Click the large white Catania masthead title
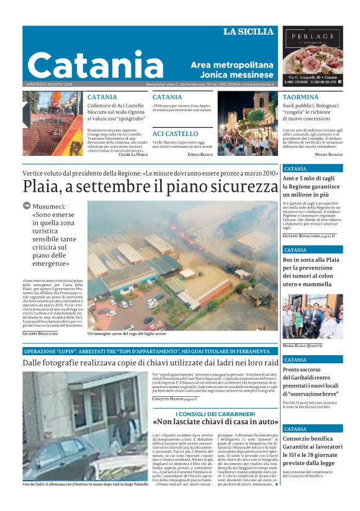87,64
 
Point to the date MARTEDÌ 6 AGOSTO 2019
49,84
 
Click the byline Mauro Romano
328,154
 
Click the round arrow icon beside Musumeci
27,206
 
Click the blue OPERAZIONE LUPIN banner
96,351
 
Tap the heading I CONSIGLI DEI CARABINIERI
215,414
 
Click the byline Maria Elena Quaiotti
303,345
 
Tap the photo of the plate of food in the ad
312,60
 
